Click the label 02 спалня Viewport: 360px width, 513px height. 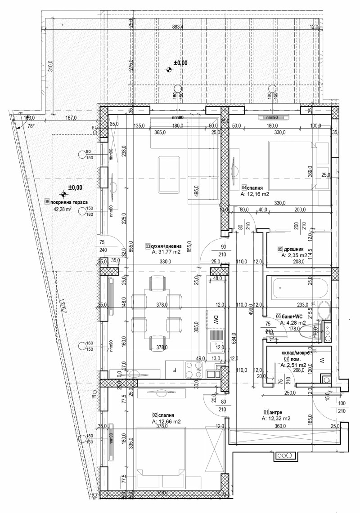(163, 415)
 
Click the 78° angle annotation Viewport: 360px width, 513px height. (31, 127)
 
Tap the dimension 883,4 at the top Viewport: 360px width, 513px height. (178, 27)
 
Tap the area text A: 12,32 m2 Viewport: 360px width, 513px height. (277, 418)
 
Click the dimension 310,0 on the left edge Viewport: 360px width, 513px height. (50, 67)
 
